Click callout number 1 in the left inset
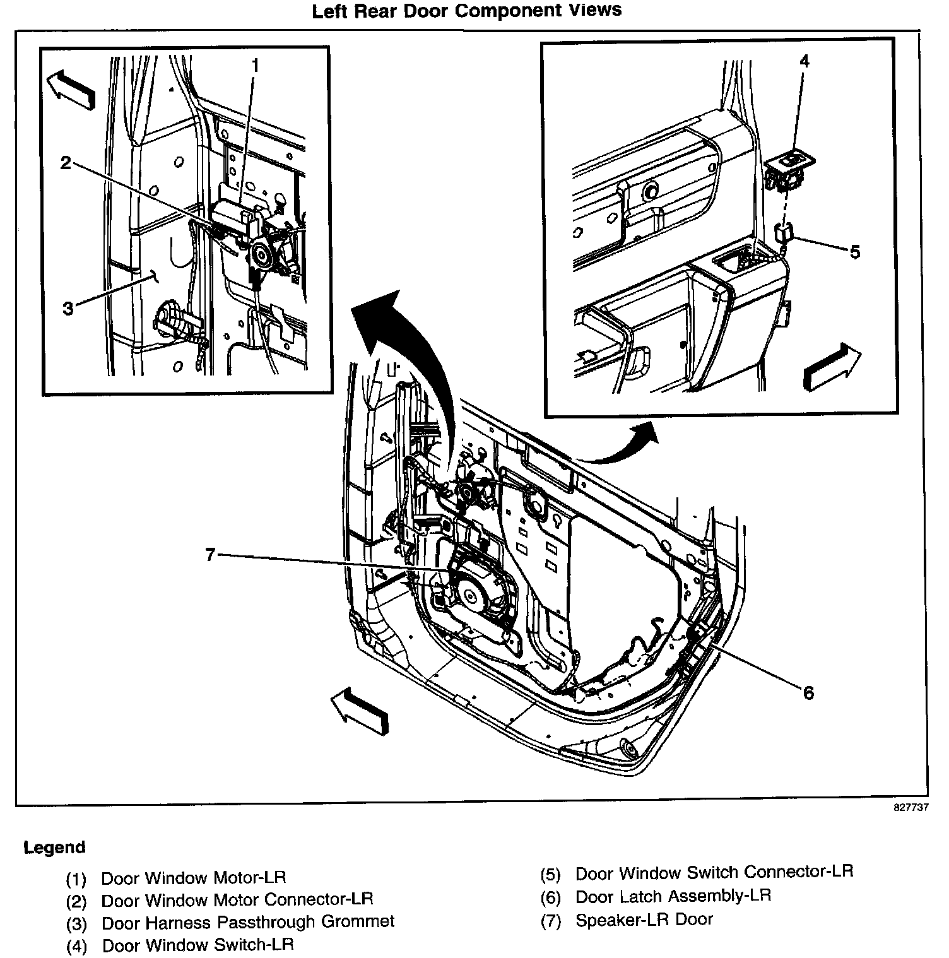tap(255, 66)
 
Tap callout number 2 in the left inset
tap(66, 163)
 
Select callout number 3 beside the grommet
tap(68, 308)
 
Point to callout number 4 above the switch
tap(804, 61)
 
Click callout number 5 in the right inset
tap(855, 252)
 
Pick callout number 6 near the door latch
tap(808, 693)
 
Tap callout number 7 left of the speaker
tap(211, 555)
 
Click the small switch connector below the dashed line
tap(783, 234)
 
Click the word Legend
tap(54, 848)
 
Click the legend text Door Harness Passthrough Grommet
tap(248, 921)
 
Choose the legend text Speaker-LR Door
tap(644, 920)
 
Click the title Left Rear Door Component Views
tap(467, 11)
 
